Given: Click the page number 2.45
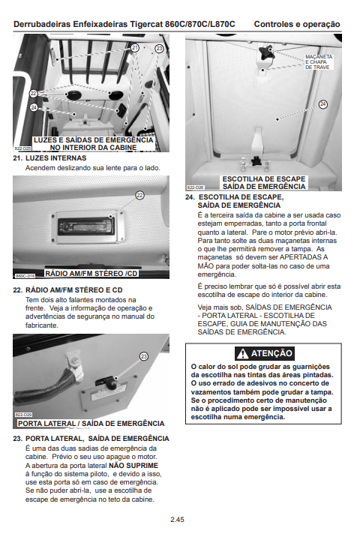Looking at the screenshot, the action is point(177,519).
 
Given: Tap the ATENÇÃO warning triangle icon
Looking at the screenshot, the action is point(242,353).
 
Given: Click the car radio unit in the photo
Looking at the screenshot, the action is point(85,226).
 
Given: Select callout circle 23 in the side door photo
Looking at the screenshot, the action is point(144,356).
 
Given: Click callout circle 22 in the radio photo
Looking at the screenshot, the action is point(139,195).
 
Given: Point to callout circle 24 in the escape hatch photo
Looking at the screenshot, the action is point(323,104).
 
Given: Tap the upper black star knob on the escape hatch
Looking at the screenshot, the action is point(266,52).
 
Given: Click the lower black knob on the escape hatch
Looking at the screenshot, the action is point(256,160).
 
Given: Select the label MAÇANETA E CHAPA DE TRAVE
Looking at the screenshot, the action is point(319,62).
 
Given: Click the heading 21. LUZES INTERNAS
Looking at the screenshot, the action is point(49,158).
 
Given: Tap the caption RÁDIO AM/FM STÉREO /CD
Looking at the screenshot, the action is point(91,274).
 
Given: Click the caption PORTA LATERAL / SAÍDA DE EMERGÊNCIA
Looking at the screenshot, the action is point(91,423).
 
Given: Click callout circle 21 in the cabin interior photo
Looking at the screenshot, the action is point(135,48).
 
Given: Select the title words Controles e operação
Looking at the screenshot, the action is point(297,24).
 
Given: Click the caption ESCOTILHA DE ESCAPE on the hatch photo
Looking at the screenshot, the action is point(264,178).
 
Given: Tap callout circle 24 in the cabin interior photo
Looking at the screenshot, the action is point(34,107).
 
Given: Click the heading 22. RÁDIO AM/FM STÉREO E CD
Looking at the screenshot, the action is point(67,290).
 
